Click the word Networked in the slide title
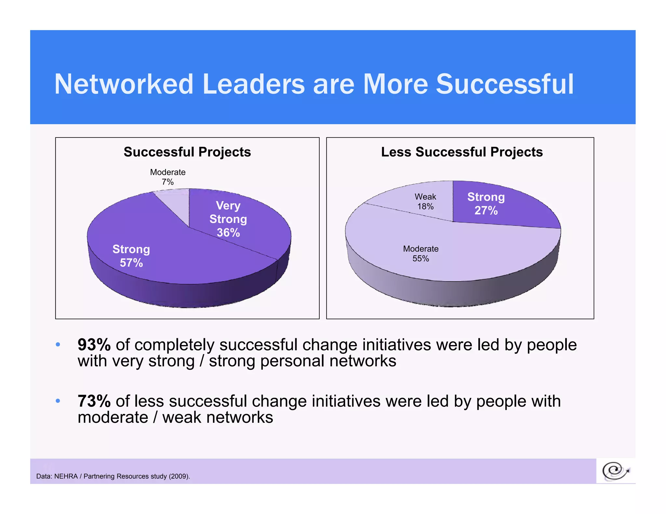click(x=124, y=84)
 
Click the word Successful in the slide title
click(x=505, y=84)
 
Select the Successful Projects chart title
click(x=187, y=152)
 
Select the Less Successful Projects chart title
click(x=462, y=152)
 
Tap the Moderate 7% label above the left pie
click(x=168, y=177)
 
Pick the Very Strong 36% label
click(x=228, y=219)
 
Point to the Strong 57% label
click(x=131, y=256)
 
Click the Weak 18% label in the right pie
click(x=425, y=201)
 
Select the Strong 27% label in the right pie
click(x=486, y=204)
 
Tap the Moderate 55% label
click(x=421, y=253)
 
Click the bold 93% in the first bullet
click(x=94, y=345)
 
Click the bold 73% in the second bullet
click(x=94, y=401)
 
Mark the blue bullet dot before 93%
click(x=58, y=345)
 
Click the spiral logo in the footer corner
click(x=615, y=471)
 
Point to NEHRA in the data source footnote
click(x=66, y=476)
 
